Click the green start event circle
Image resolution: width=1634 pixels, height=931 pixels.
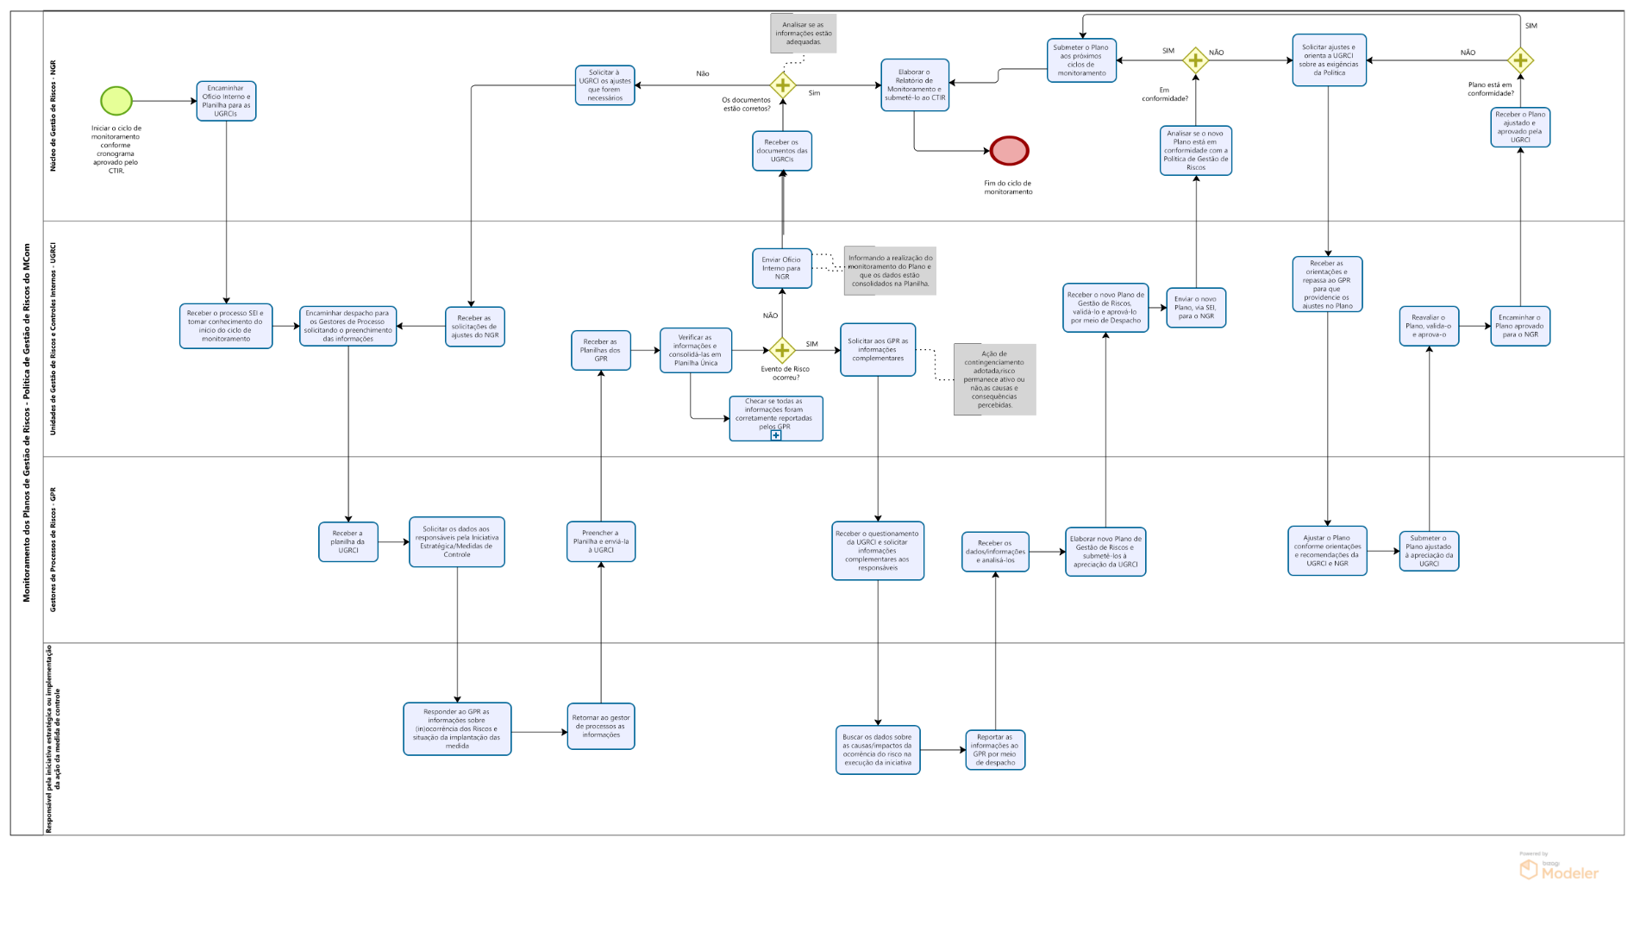pos(116,101)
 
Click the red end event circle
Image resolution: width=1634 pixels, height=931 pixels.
pos(1009,151)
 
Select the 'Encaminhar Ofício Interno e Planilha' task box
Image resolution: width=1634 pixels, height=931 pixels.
pos(226,101)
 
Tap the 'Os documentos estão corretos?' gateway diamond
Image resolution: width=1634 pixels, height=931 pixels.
pos(782,84)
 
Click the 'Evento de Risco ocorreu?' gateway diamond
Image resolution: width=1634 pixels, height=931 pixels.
pos(782,350)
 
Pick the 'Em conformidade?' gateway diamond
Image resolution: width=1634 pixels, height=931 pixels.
pos(1195,60)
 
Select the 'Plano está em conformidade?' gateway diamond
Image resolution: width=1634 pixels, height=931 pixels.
pos(1520,60)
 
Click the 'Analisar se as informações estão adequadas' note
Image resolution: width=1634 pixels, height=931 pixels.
pos(804,34)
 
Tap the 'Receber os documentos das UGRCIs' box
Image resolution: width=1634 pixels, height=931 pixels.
pos(782,151)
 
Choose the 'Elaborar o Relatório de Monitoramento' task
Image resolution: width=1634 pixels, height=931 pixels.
pos(915,85)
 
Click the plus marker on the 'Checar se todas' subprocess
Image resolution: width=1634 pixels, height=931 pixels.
pos(776,435)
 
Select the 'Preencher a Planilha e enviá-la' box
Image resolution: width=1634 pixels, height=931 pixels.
pos(601,541)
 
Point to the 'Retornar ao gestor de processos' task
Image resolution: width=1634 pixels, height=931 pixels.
pos(601,726)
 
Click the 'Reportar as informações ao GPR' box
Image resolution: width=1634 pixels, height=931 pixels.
pos(995,750)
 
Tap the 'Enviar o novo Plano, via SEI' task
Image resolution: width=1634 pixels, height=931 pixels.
pos(1196,308)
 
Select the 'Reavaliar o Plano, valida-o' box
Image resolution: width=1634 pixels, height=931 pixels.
pos(1429,326)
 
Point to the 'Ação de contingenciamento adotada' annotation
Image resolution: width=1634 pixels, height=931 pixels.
pos(995,379)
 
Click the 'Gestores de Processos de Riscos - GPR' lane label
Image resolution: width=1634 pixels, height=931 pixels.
pos(53,549)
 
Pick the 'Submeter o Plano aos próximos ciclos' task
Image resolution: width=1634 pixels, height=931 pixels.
pos(1081,60)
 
